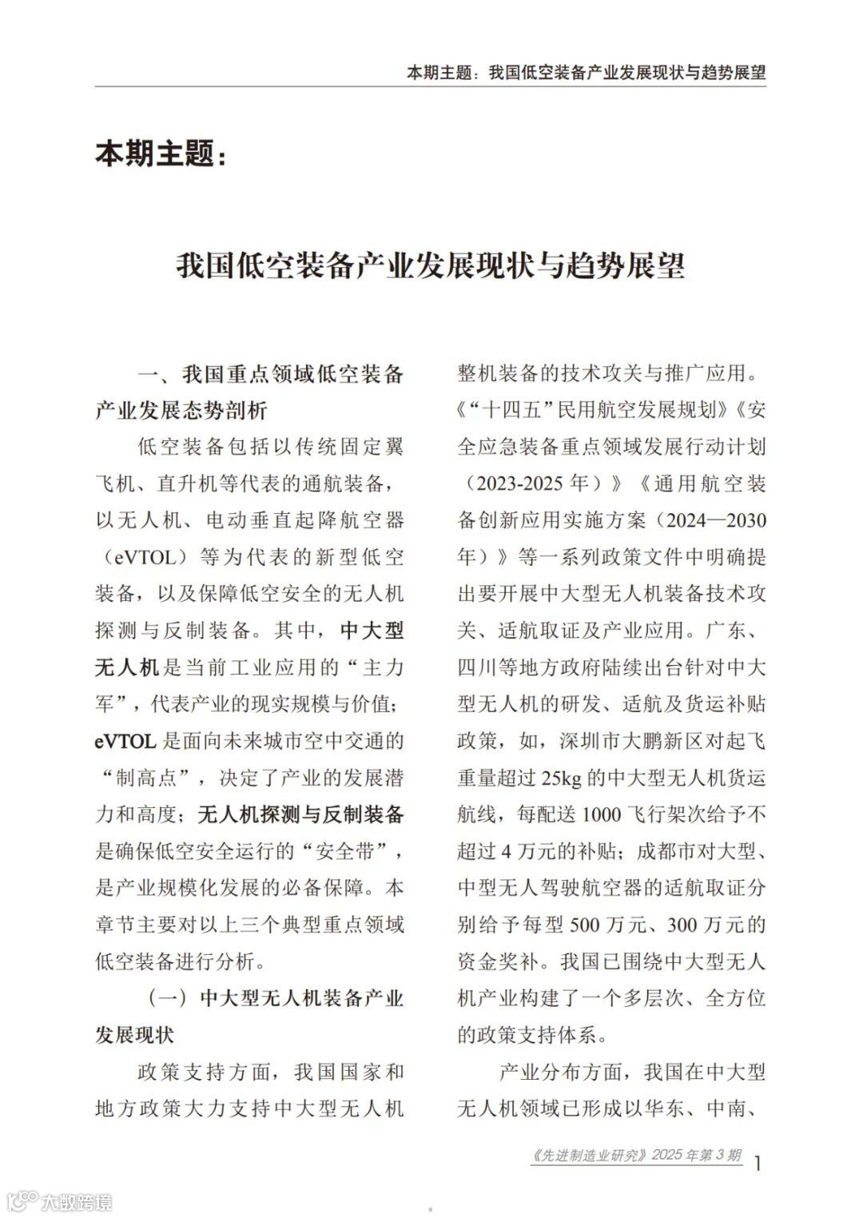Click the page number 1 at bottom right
[757, 1162]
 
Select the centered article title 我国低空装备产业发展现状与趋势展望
[431, 266]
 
